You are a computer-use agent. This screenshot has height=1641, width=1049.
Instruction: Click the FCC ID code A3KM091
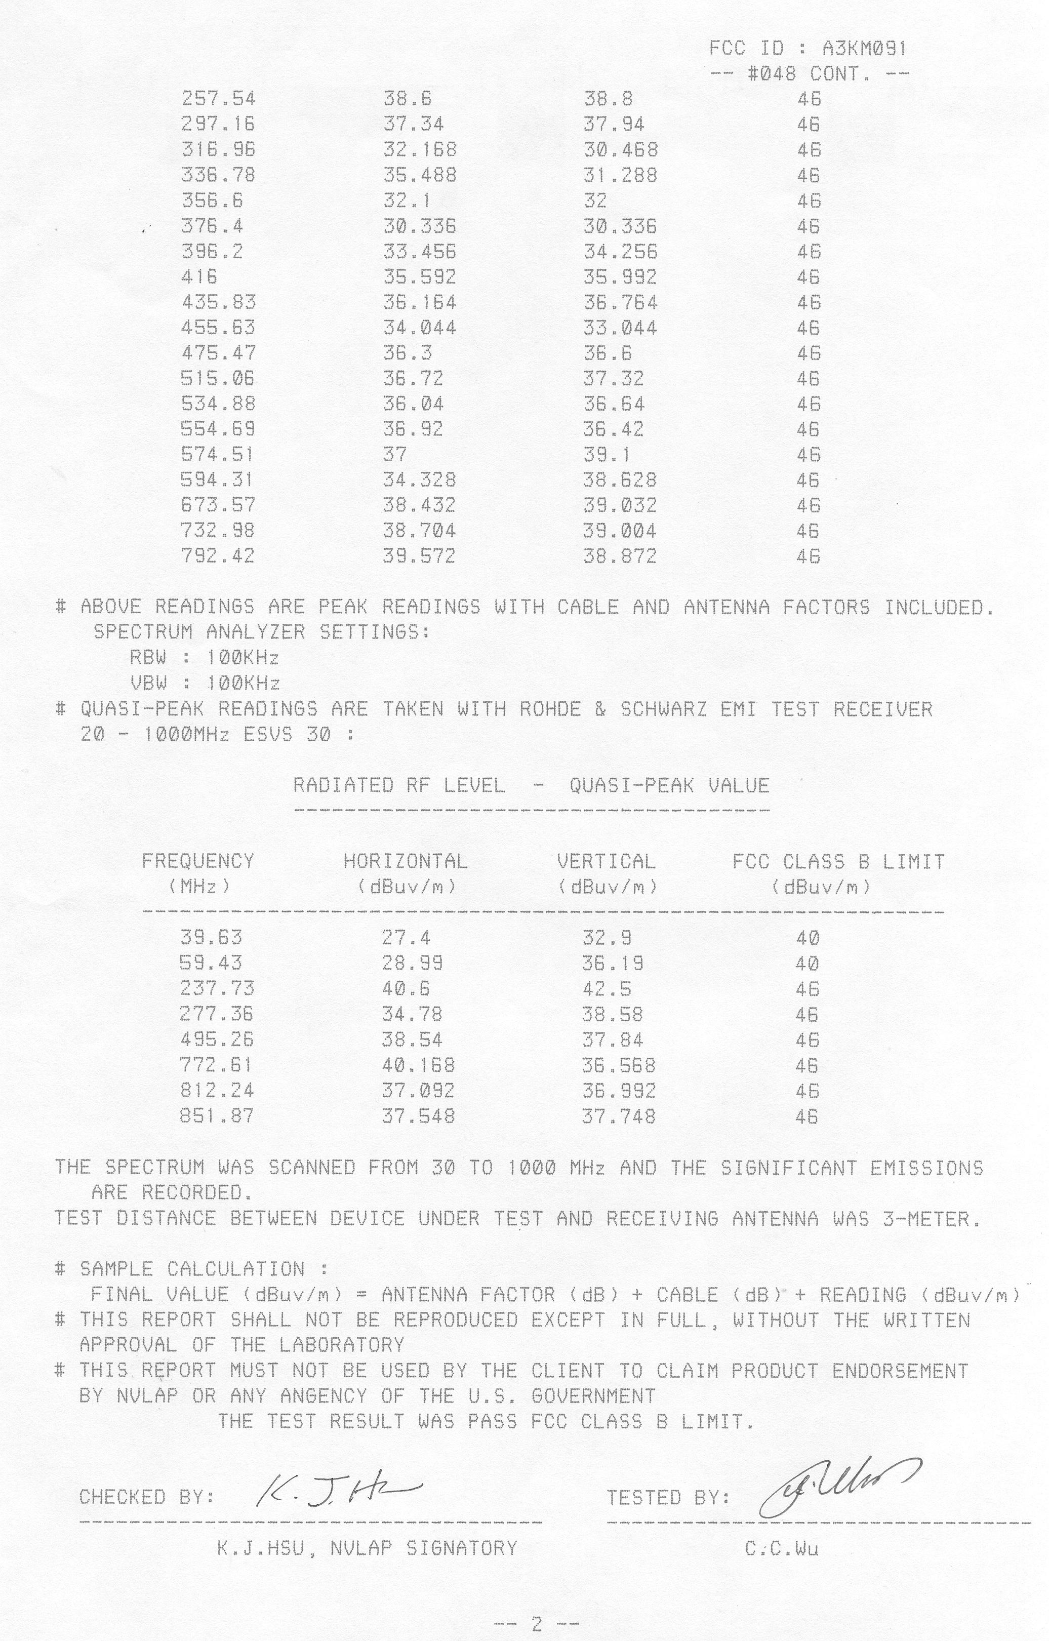point(864,49)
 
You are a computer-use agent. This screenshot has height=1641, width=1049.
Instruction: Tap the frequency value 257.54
point(218,99)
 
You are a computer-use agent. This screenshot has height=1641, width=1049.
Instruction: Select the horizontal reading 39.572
point(419,556)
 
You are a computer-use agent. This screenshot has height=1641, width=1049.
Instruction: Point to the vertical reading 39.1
point(607,455)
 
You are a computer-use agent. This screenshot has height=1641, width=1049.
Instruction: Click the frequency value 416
point(199,276)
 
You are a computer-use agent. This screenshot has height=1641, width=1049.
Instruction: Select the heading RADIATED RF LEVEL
point(399,786)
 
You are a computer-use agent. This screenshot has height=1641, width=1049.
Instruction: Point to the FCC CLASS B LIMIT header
point(838,862)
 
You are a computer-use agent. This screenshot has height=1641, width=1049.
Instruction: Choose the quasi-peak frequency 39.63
point(211,937)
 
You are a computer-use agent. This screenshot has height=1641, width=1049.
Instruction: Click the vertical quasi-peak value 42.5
point(607,988)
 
